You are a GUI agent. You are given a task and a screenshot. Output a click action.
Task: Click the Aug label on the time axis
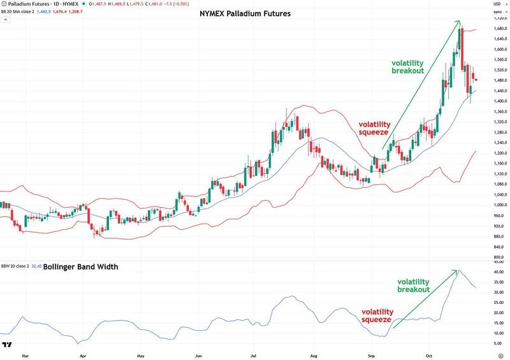click(x=313, y=352)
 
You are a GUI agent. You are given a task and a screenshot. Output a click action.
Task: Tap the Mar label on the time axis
click(x=25, y=352)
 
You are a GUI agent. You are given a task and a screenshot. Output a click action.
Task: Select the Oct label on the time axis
click(x=429, y=352)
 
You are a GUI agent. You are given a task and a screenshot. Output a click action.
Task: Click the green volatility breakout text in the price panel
click(x=407, y=67)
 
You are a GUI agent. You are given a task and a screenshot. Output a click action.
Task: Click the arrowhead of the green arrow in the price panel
click(x=459, y=22)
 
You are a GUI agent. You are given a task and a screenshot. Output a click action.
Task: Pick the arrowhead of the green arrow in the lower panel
click(x=457, y=271)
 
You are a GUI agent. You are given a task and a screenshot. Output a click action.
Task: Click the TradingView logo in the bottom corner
click(x=8, y=345)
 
